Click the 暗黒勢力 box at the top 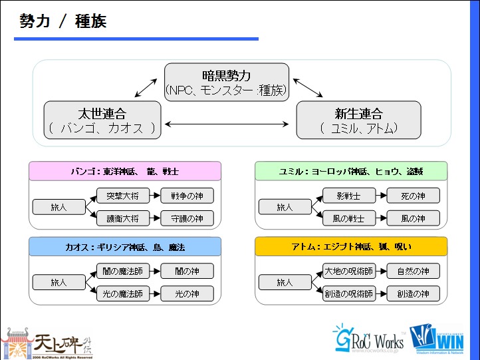click(226, 82)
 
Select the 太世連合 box click(102, 120)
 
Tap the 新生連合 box click(358, 120)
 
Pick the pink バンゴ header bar click(125, 171)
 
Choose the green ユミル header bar click(351, 171)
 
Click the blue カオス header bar click(125, 247)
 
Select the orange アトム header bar click(351, 247)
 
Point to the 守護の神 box click(187, 218)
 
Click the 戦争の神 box click(187, 196)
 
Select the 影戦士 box click(348, 196)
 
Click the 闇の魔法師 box click(123, 271)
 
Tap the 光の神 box click(187, 293)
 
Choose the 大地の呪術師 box click(348, 271)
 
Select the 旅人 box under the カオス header click(59, 282)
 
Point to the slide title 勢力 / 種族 click(62, 21)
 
